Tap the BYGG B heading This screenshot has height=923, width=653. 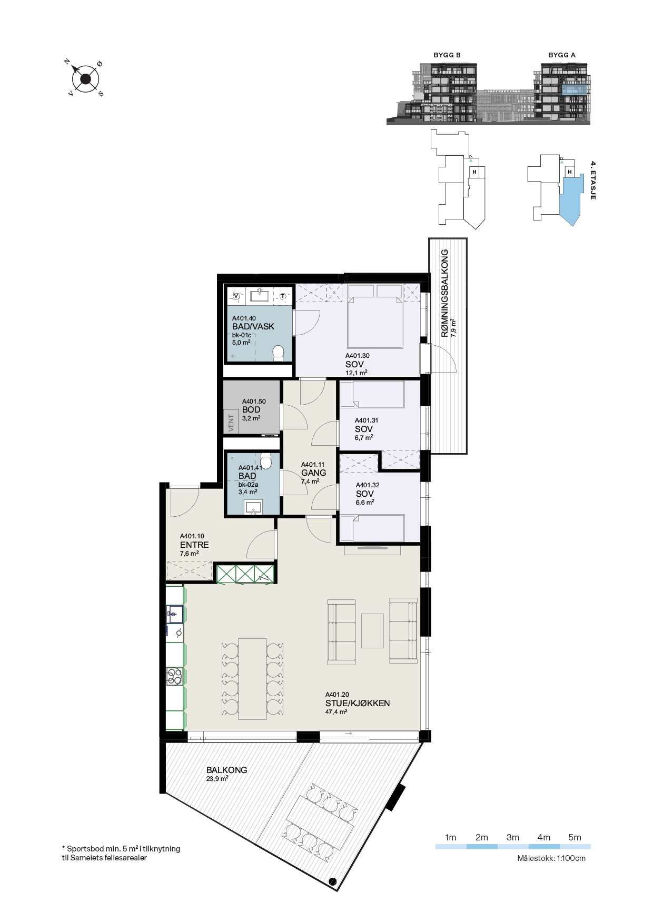click(447, 55)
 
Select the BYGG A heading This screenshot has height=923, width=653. click(561, 55)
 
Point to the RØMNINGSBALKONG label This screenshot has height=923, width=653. click(445, 293)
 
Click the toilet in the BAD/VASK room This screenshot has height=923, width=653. click(278, 353)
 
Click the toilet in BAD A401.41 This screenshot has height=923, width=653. click(266, 461)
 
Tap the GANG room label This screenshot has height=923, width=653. click(313, 473)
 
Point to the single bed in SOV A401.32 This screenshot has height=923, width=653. click(372, 528)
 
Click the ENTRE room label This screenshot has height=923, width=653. click(194, 545)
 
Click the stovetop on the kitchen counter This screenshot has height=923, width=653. click(175, 676)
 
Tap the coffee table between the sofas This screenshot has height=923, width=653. click(372, 630)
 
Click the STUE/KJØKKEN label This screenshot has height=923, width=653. click(358, 703)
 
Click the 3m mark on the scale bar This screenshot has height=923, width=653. click(512, 837)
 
